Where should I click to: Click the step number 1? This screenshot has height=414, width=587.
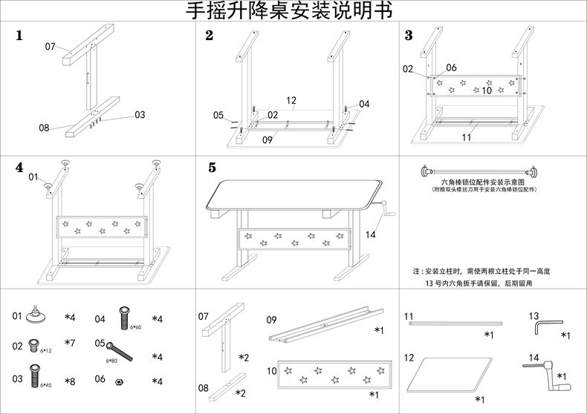[19, 35]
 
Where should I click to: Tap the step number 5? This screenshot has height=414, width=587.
[213, 168]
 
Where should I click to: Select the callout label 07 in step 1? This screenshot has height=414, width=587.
[51, 46]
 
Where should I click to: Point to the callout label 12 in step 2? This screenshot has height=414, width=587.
[291, 99]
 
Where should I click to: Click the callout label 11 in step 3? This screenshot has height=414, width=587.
[467, 137]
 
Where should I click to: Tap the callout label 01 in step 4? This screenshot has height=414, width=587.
[33, 177]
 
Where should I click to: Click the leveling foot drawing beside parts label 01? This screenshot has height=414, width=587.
[35, 315]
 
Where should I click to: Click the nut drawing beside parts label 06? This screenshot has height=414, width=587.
[120, 381]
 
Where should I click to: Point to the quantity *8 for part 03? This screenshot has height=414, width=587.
[70, 381]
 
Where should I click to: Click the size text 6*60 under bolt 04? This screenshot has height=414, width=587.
[136, 326]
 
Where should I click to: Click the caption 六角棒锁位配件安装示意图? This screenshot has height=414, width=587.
[483, 181]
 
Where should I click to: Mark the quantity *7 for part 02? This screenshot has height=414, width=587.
[70, 344]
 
